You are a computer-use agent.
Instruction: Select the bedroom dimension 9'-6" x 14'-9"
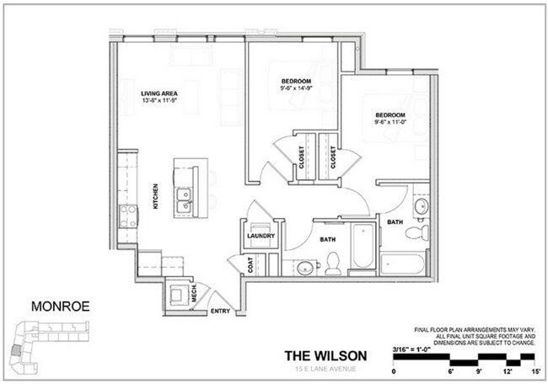(x=298, y=87)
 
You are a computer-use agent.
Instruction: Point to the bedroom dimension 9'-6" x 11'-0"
(x=391, y=121)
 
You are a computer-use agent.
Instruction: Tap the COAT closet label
(x=250, y=264)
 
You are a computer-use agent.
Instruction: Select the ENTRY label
(x=220, y=311)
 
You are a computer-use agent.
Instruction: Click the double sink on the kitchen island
(x=183, y=200)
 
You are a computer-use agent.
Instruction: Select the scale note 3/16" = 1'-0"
(x=419, y=348)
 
